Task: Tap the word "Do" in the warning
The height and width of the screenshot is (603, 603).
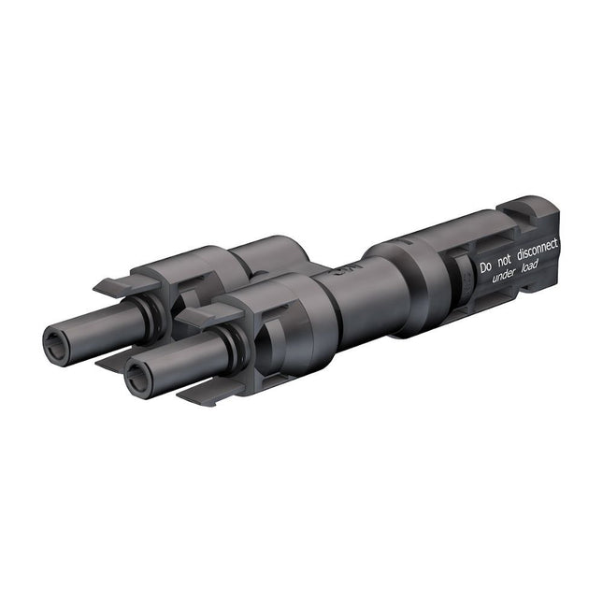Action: pyautogui.click(x=485, y=267)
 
